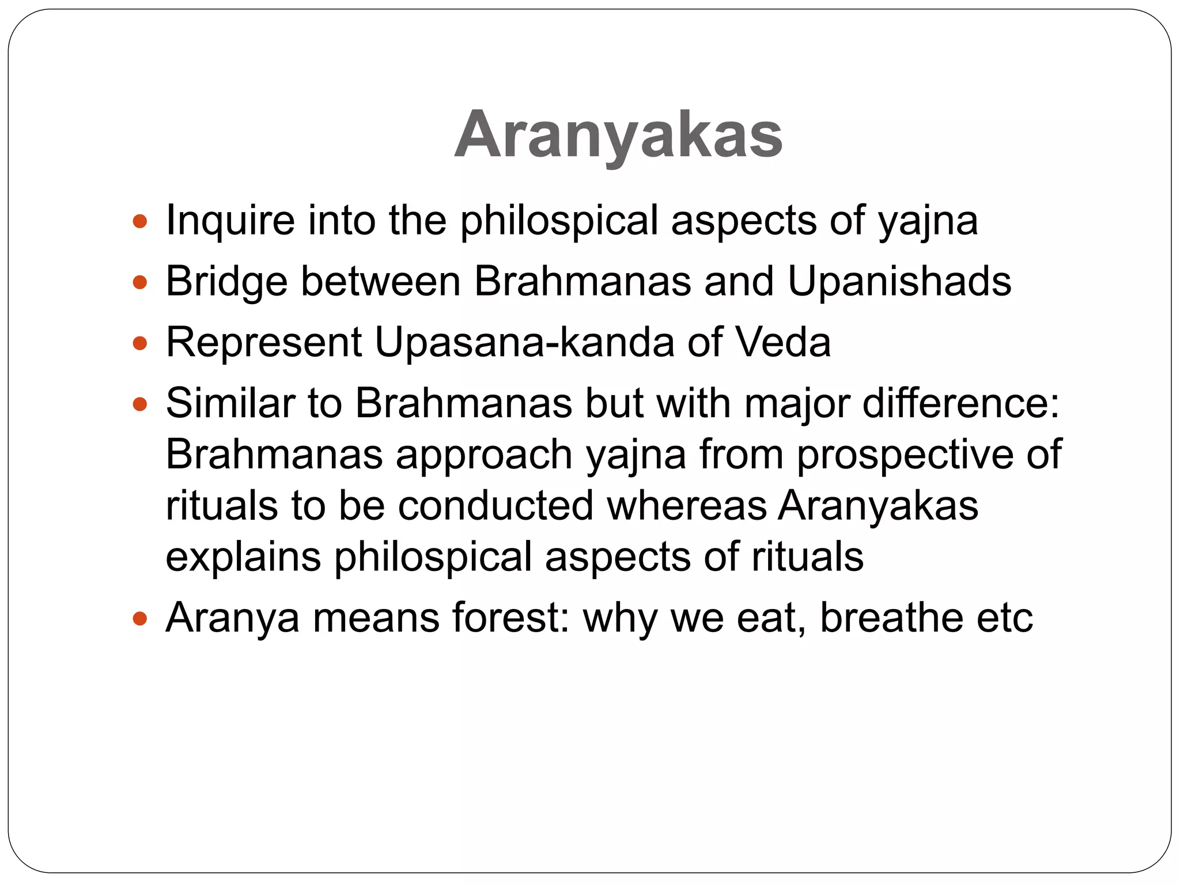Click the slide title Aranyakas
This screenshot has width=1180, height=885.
(x=618, y=134)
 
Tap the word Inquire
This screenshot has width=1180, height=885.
(x=230, y=221)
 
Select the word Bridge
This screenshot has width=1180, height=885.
(x=226, y=282)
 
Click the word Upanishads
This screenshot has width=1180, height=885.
(x=899, y=282)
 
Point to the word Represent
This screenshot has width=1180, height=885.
(x=263, y=342)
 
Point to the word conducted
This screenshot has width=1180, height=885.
(x=495, y=505)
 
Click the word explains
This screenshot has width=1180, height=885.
(x=243, y=557)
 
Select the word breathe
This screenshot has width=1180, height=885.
(x=891, y=618)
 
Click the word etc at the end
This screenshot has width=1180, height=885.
(x=1004, y=618)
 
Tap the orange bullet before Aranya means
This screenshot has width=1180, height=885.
(x=140, y=619)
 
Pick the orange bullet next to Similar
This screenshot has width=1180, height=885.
(x=140, y=404)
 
